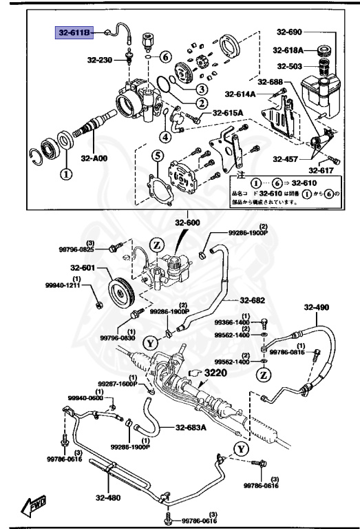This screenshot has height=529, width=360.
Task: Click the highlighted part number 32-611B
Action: [x=76, y=32]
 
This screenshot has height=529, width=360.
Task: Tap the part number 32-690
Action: [x=290, y=32]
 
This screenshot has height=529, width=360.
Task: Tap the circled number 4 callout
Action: [x=165, y=127]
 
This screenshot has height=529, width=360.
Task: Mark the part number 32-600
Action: [x=187, y=222]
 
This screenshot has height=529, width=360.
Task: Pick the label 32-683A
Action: [x=191, y=426]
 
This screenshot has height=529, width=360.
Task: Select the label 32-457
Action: [x=285, y=158]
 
